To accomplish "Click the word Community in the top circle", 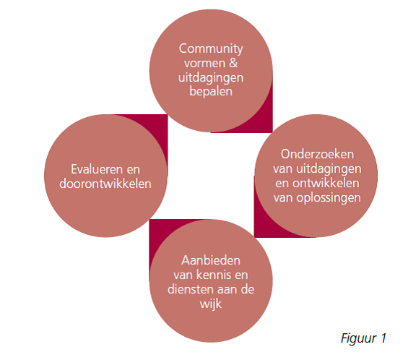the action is pos(211,49).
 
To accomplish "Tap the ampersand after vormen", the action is pos(233,63).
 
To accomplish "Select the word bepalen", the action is pos(211,92).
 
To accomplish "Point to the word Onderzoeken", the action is pos(317,154).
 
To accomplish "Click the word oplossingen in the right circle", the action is pos(329,198).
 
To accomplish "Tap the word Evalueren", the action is pos(94,169).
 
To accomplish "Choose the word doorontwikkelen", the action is pos(105,184).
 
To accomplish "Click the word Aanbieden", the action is pos(211,260).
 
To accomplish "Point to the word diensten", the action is pos(191,289).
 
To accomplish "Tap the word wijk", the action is pos(211,304).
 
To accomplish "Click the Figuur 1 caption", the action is pos(363,338).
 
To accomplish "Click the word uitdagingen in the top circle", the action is pos(211,78).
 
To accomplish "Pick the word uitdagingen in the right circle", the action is pos(329,169).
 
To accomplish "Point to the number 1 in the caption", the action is pos(383,338).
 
